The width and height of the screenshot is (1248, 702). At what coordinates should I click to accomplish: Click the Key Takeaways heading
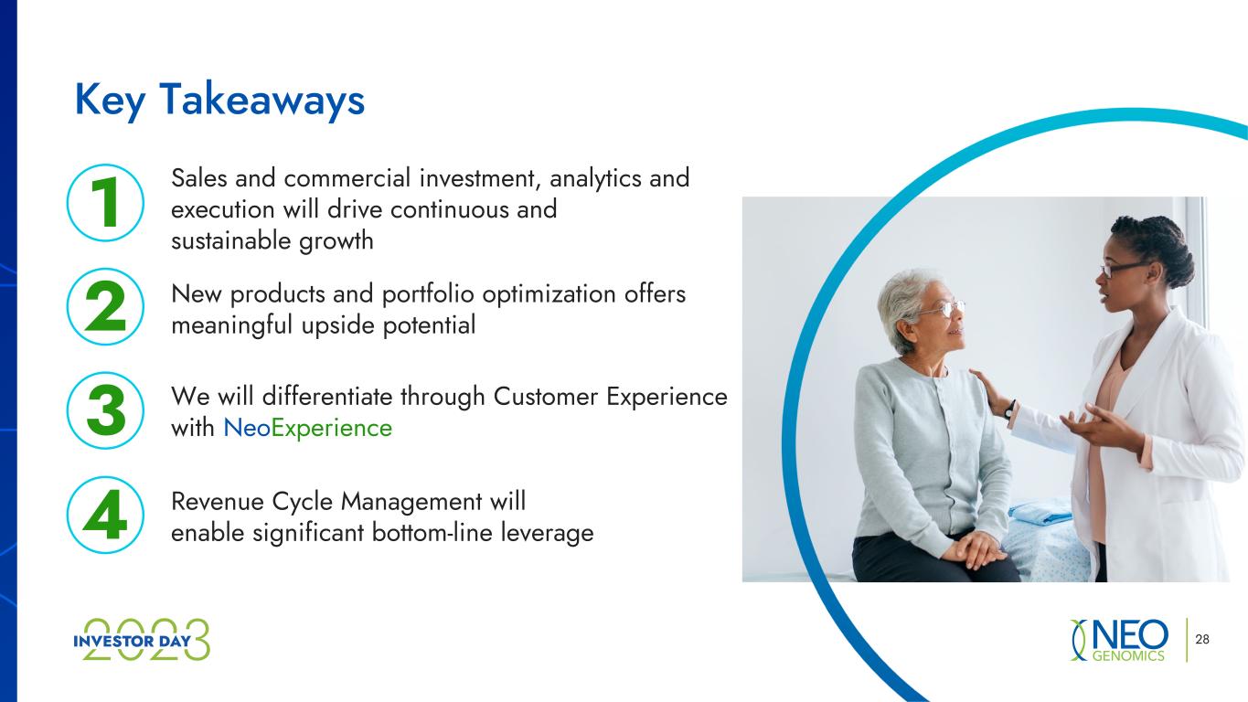(x=219, y=101)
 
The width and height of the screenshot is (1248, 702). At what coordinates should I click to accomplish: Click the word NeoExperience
(x=307, y=429)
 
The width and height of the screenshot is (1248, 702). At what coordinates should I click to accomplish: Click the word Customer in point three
(x=545, y=397)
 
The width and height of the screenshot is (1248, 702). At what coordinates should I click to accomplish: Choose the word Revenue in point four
(x=218, y=502)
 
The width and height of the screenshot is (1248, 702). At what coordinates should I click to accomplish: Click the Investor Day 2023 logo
(x=142, y=640)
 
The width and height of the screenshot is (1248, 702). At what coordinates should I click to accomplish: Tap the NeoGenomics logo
(x=1119, y=640)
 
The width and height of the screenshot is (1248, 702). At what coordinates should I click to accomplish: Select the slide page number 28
(x=1202, y=640)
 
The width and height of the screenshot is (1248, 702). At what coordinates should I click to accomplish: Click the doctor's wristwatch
(x=1010, y=410)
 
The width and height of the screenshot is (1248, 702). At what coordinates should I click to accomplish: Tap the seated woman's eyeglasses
(x=944, y=308)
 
